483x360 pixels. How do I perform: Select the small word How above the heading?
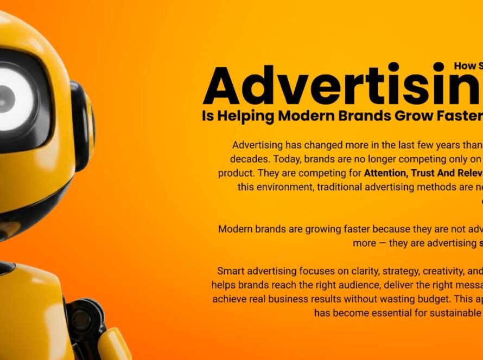(x=465, y=66)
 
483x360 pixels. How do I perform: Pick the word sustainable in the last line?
(x=464, y=313)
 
